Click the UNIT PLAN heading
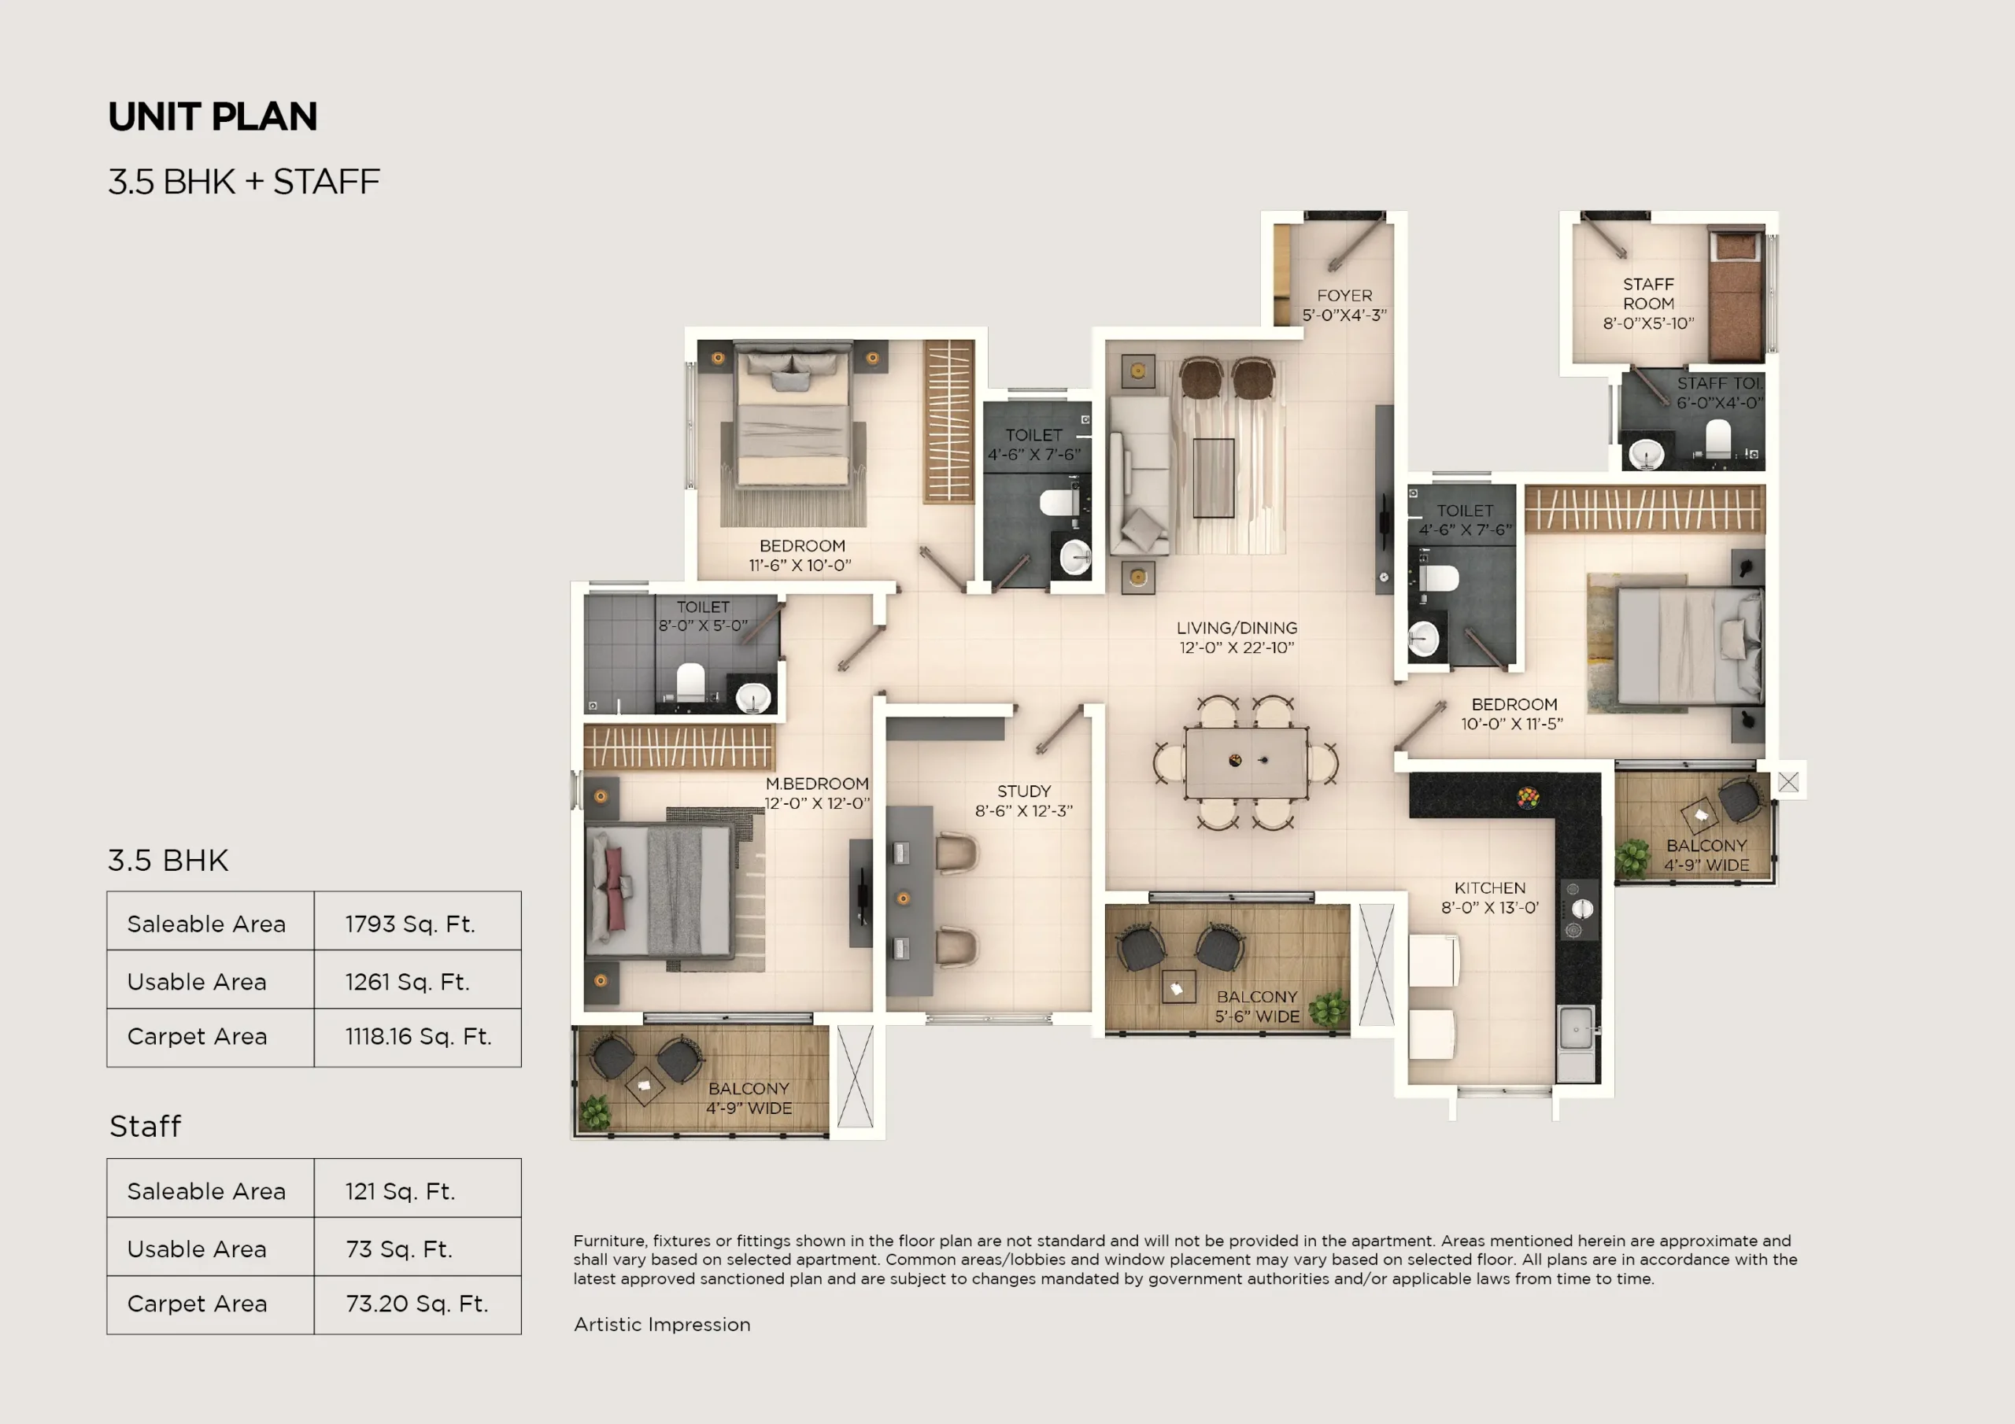[213, 116]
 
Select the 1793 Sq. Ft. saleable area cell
[410, 924]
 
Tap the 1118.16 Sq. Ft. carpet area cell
[418, 1036]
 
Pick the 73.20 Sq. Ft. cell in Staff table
[417, 1304]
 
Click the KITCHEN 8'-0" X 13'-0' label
[1489, 898]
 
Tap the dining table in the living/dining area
[1246, 762]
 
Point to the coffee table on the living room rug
[1214, 478]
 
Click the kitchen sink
[1577, 1029]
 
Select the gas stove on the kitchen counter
[1579, 909]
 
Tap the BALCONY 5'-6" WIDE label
[1257, 1006]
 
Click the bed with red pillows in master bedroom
[658, 890]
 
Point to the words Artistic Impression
[662, 1324]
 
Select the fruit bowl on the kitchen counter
[1528, 798]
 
